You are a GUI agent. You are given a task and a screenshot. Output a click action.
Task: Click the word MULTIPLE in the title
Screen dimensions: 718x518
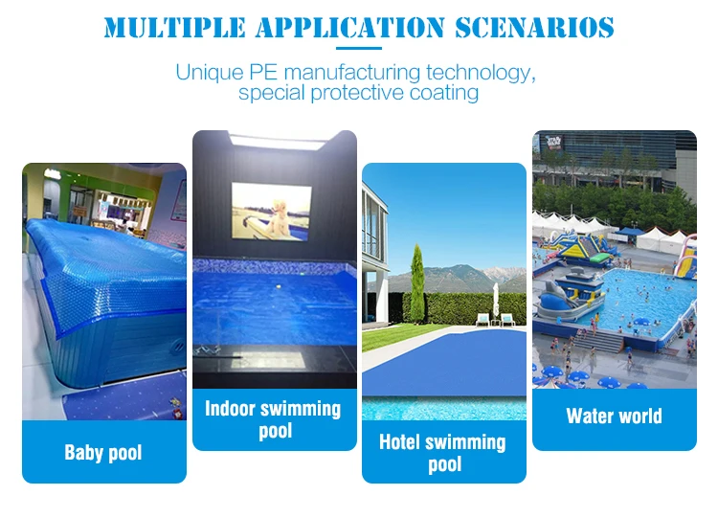pyautogui.click(x=174, y=28)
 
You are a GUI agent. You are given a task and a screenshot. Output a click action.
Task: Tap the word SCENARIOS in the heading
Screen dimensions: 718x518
pyautogui.click(x=534, y=28)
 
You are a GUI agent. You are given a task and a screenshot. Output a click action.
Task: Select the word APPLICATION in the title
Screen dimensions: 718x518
pyautogui.click(x=350, y=28)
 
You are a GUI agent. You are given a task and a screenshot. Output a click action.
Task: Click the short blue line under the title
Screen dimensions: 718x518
pyautogui.click(x=359, y=48)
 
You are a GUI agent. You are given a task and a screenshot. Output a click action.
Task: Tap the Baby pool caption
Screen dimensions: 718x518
pyautogui.click(x=103, y=453)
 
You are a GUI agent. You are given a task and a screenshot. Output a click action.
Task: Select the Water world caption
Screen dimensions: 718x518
pyautogui.click(x=614, y=416)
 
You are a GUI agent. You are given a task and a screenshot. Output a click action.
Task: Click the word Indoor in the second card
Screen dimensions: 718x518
pyautogui.click(x=231, y=409)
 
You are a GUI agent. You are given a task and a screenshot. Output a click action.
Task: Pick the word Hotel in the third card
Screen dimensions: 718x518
pyautogui.click(x=399, y=442)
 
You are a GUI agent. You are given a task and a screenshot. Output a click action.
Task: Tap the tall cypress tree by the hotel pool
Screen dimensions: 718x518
pyautogui.click(x=417, y=284)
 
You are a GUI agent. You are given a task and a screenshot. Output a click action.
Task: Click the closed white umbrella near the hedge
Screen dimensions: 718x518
pyautogui.click(x=496, y=299)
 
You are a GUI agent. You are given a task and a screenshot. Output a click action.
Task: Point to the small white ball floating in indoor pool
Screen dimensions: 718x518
pyautogui.click(x=278, y=286)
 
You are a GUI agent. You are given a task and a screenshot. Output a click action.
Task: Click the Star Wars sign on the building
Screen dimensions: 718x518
pyautogui.click(x=553, y=143)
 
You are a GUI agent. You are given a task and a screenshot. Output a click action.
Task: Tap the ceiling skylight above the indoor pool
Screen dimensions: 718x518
pyautogui.click(x=278, y=142)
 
